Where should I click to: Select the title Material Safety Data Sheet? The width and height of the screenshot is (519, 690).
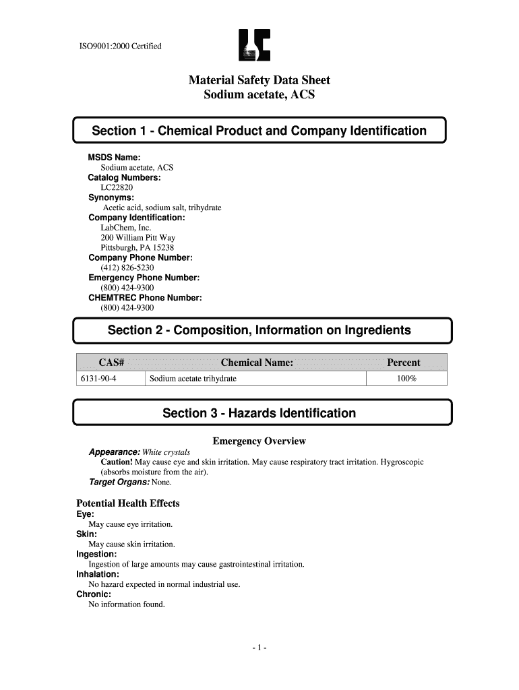[259, 80]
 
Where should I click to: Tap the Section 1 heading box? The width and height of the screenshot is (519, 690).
[259, 131]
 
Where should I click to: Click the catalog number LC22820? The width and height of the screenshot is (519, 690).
[117, 187]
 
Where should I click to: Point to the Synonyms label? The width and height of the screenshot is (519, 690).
[111, 197]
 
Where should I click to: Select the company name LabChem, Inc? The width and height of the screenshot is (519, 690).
[126, 228]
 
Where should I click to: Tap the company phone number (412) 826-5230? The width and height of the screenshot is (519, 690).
[127, 268]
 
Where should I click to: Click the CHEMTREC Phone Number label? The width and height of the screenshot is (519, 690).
[145, 297]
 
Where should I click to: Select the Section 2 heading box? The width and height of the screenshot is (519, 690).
[259, 330]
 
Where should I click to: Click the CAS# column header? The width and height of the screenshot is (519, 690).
[111, 363]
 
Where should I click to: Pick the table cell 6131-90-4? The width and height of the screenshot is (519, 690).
[99, 379]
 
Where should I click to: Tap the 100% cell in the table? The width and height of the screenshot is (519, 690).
[406, 379]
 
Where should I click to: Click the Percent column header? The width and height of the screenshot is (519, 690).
[404, 363]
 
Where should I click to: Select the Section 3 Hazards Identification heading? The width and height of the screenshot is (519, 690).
[259, 413]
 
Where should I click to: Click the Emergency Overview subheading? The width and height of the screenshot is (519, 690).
[259, 441]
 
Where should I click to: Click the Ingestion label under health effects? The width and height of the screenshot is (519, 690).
[96, 554]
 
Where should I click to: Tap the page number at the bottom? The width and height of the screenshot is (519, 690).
[259, 648]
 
